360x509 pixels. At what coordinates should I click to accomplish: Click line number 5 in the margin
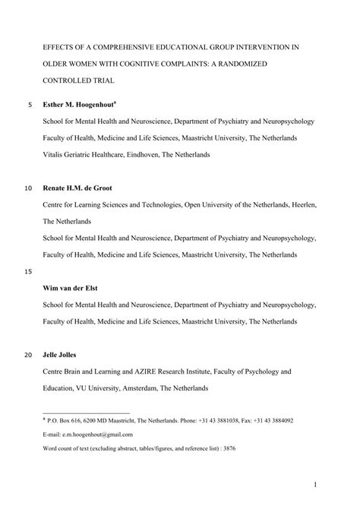tap(29, 104)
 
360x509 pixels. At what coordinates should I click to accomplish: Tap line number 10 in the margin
tap(29, 187)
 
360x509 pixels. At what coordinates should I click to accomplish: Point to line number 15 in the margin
tap(29, 271)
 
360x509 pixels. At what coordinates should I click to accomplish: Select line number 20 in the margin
tap(29, 355)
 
